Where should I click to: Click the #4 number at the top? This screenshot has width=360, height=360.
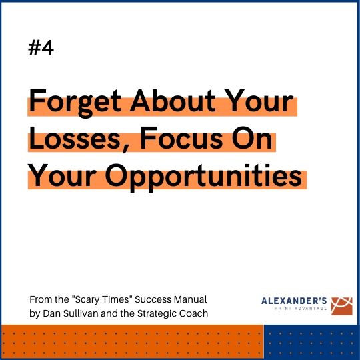pos(41,47)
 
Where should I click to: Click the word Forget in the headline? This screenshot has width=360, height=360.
pos(75,103)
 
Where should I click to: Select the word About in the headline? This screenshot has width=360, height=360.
pos(173,101)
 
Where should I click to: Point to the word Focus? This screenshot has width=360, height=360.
pos(181,138)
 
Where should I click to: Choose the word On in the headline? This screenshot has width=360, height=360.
pos(252,138)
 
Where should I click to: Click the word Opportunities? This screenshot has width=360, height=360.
pos(203,177)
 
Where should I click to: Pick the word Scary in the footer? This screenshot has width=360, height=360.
pos(87,299)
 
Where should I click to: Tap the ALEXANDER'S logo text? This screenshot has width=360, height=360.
pos(294,301)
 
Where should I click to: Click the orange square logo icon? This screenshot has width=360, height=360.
pos(341,306)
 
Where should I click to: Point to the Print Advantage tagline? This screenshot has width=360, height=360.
pos(301,309)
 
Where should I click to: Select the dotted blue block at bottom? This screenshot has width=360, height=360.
pos(311,341)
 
